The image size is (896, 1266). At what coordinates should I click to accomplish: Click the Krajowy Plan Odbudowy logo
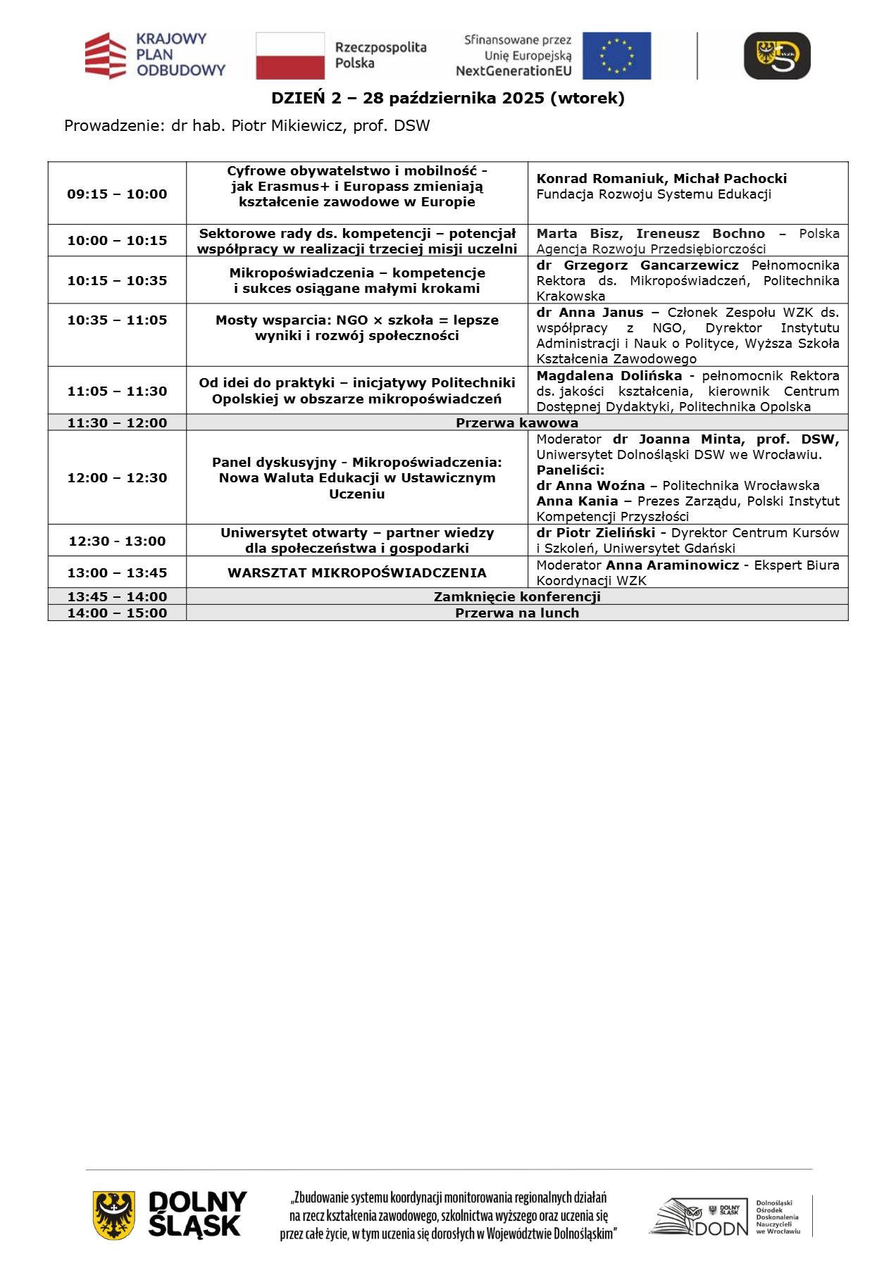point(155,55)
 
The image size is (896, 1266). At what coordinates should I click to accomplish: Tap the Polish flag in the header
point(290,56)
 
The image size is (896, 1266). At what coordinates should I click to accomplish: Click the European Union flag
point(616,56)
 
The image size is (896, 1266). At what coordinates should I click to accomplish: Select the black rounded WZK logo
point(777,56)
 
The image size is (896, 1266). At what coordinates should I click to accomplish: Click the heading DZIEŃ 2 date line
point(448,98)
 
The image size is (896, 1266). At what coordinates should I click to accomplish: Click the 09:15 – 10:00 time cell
point(117,194)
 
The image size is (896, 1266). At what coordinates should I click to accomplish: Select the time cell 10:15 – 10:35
point(117,281)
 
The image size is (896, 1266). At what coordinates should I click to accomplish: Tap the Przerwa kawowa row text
point(517,423)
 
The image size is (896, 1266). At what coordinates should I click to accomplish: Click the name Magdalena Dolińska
point(609,376)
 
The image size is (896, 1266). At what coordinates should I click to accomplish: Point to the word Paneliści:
point(571,470)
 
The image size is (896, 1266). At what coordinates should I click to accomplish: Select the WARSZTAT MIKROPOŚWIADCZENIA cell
point(357,573)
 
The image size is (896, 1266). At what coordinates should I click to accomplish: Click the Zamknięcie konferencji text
point(517,597)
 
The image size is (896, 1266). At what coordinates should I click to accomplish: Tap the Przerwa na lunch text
point(517,613)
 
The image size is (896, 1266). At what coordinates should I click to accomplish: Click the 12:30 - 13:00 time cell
point(117,541)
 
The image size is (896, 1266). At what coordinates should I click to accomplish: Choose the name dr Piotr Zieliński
point(596,533)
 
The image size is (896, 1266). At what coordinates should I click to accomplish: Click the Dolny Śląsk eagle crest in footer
point(114,1215)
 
